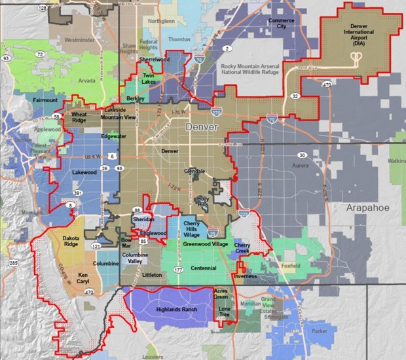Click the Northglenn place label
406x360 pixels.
(x=162, y=21)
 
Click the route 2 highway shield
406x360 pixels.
(x=227, y=49)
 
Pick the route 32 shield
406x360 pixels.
(x=295, y=96)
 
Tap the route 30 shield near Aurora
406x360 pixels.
(x=302, y=155)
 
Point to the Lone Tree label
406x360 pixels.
(x=225, y=308)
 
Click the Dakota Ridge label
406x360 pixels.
(x=70, y=241)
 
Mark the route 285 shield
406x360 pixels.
(x=12, y=263)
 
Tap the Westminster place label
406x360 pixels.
(x=79, y=40)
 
